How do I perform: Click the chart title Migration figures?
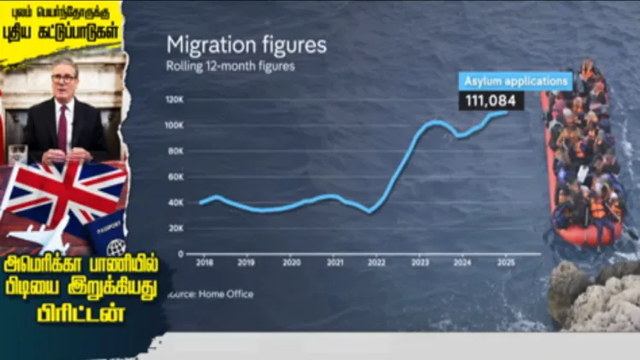coord(246,45)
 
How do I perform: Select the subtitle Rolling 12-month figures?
coord(230,67)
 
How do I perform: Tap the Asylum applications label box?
coord(515,82)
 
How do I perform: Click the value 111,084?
coord(492,101)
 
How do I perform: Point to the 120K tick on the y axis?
coord(174,100)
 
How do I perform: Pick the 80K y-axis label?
coord(175,151)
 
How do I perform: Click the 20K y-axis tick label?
coord(175,229)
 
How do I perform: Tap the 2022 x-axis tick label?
coord(376,264)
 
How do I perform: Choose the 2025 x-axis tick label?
coord(507,264)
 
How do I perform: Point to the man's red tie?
coord(62,128)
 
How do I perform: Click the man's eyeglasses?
coord(63,79)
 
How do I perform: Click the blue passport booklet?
coord(108,234)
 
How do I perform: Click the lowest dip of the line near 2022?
coord(369,211)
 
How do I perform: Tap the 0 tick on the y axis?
coord(180,254)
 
